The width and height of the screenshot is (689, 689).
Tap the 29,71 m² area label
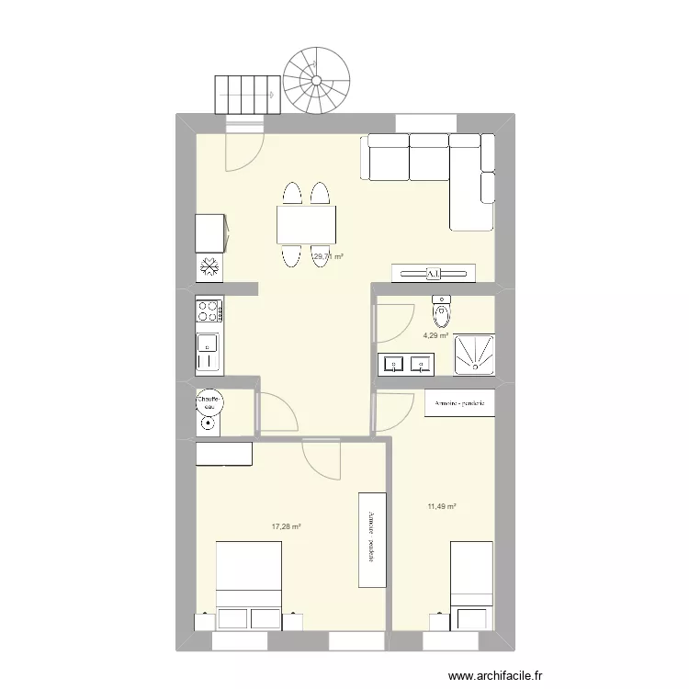(x=328, y=257)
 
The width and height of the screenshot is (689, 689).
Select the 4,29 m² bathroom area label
(x=435, y=336)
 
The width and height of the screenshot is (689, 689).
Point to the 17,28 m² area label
(x=286, y=526)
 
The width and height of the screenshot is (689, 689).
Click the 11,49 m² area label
(x=441, y=505)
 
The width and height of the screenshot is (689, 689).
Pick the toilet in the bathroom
(x=442, y=311)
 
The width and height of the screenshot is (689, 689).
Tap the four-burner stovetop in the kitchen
(x=209, y=311)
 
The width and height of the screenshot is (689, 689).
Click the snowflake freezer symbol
(x=209, y=267)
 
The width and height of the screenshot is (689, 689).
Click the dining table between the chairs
(x=306, y=223)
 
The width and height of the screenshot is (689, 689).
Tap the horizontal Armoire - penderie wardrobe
(x=460, y=403)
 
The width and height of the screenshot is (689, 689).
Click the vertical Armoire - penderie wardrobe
(x=371, y=538)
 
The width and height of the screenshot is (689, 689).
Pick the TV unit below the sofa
(x=434, y=273)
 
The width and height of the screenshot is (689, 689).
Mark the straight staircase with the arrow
(x=246, y=95)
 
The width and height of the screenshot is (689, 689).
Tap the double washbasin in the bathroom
(x=405, y=365)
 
